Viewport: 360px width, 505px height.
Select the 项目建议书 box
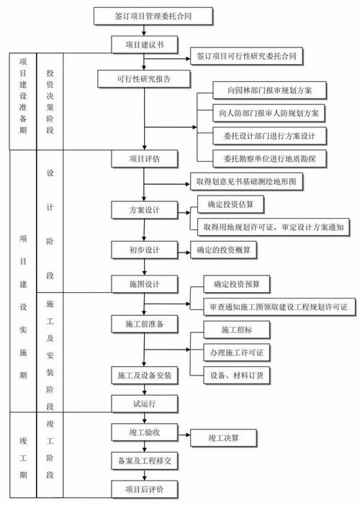click(144, 45)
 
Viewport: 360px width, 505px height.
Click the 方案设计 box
click(144, 210)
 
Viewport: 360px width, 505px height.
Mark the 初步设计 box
click(144, 250)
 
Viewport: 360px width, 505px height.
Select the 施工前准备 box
click(144, 324)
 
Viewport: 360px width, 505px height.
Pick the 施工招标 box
click(236, 330)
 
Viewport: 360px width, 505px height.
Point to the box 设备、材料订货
click(236, 375)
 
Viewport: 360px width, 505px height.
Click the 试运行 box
click(144, 403)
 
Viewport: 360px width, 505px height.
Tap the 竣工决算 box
click(223, 437)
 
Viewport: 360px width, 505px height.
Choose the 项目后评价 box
click(144, 489)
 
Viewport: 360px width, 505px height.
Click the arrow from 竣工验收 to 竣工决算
click(184, 436)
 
